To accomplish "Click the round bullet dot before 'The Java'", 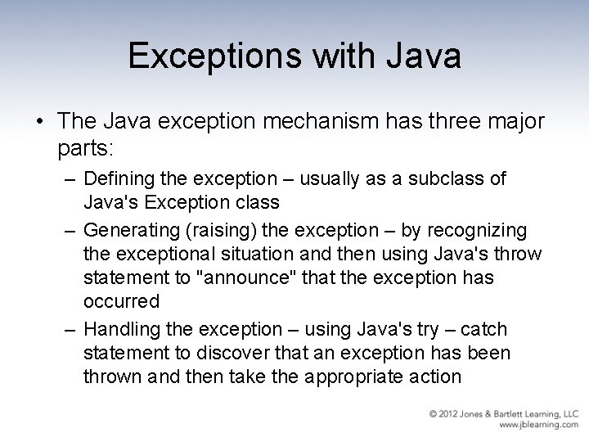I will [x=40, y=121].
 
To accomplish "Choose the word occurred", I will [x=121, y=300].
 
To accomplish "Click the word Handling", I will [x=119, y=329].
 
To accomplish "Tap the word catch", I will [x=483, y=329].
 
